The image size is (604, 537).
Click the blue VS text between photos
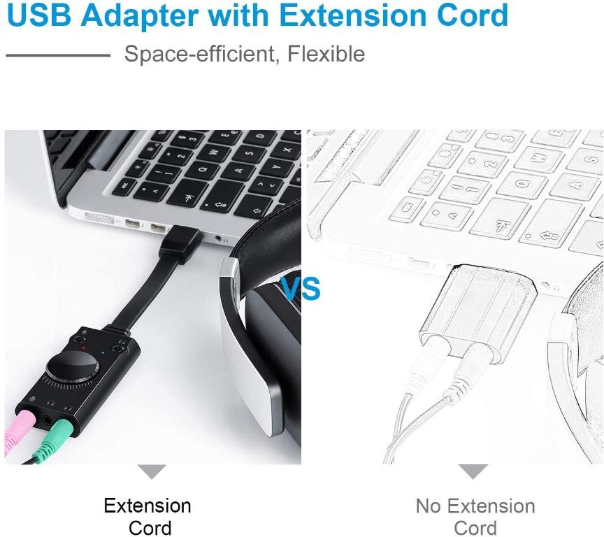pyautogui.click(x=301, y=287)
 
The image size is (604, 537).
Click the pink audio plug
pyautogui.click(x=17, y=433)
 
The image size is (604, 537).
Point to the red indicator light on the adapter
pyautogui.click(x=83, y=346)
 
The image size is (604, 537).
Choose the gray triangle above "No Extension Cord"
pyautogui.click(x=473, y=471)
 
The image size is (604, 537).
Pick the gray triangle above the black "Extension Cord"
pyautogui.click(x=152, y=471)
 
